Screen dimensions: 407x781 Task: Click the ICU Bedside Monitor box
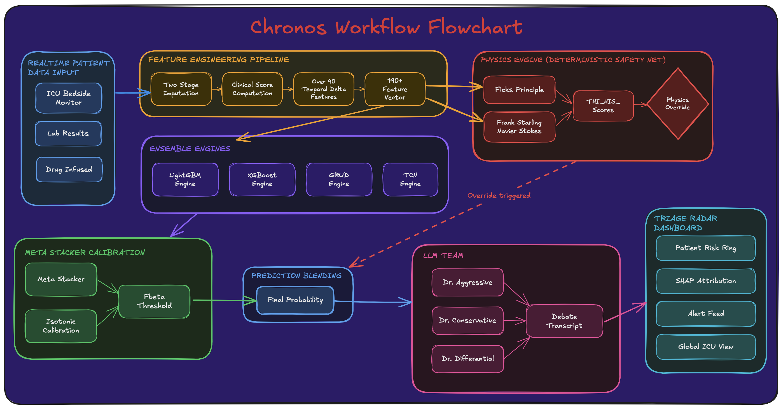click(x=69, y=98)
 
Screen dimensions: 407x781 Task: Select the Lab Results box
click(x=68, y=134)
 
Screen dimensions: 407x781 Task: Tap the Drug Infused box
click(x=69, y=169)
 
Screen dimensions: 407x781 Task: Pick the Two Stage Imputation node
click(x=181, y=89)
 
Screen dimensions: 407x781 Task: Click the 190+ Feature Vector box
click(x=395, y=89)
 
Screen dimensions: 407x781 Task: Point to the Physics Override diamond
click(x=678, y=104)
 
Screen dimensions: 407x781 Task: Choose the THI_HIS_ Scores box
click(x=603, y=106)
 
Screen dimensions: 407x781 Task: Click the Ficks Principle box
click(x=519, y=90)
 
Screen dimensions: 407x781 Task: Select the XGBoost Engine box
click(x=262, y=179)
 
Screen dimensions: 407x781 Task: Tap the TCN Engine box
click(x=410, y=179)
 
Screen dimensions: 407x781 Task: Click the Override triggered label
click(x=499, y=195)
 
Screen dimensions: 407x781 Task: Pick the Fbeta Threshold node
click(x=154, y=301)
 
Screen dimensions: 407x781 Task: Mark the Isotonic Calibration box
click(x=61, y=326)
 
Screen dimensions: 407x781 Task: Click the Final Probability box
click(x=295, y=300)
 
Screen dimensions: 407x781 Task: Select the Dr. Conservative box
click(x=467, y=321)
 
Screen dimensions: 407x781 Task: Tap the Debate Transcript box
click(x=564, y=321)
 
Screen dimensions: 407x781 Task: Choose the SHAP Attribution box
click(x=705, y=281)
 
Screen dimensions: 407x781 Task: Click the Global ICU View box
click(x=705, y=347)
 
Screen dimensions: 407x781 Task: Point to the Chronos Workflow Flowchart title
click(x=386, y=27)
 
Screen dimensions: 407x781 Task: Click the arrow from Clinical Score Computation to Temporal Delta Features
click(x=288, y=89)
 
